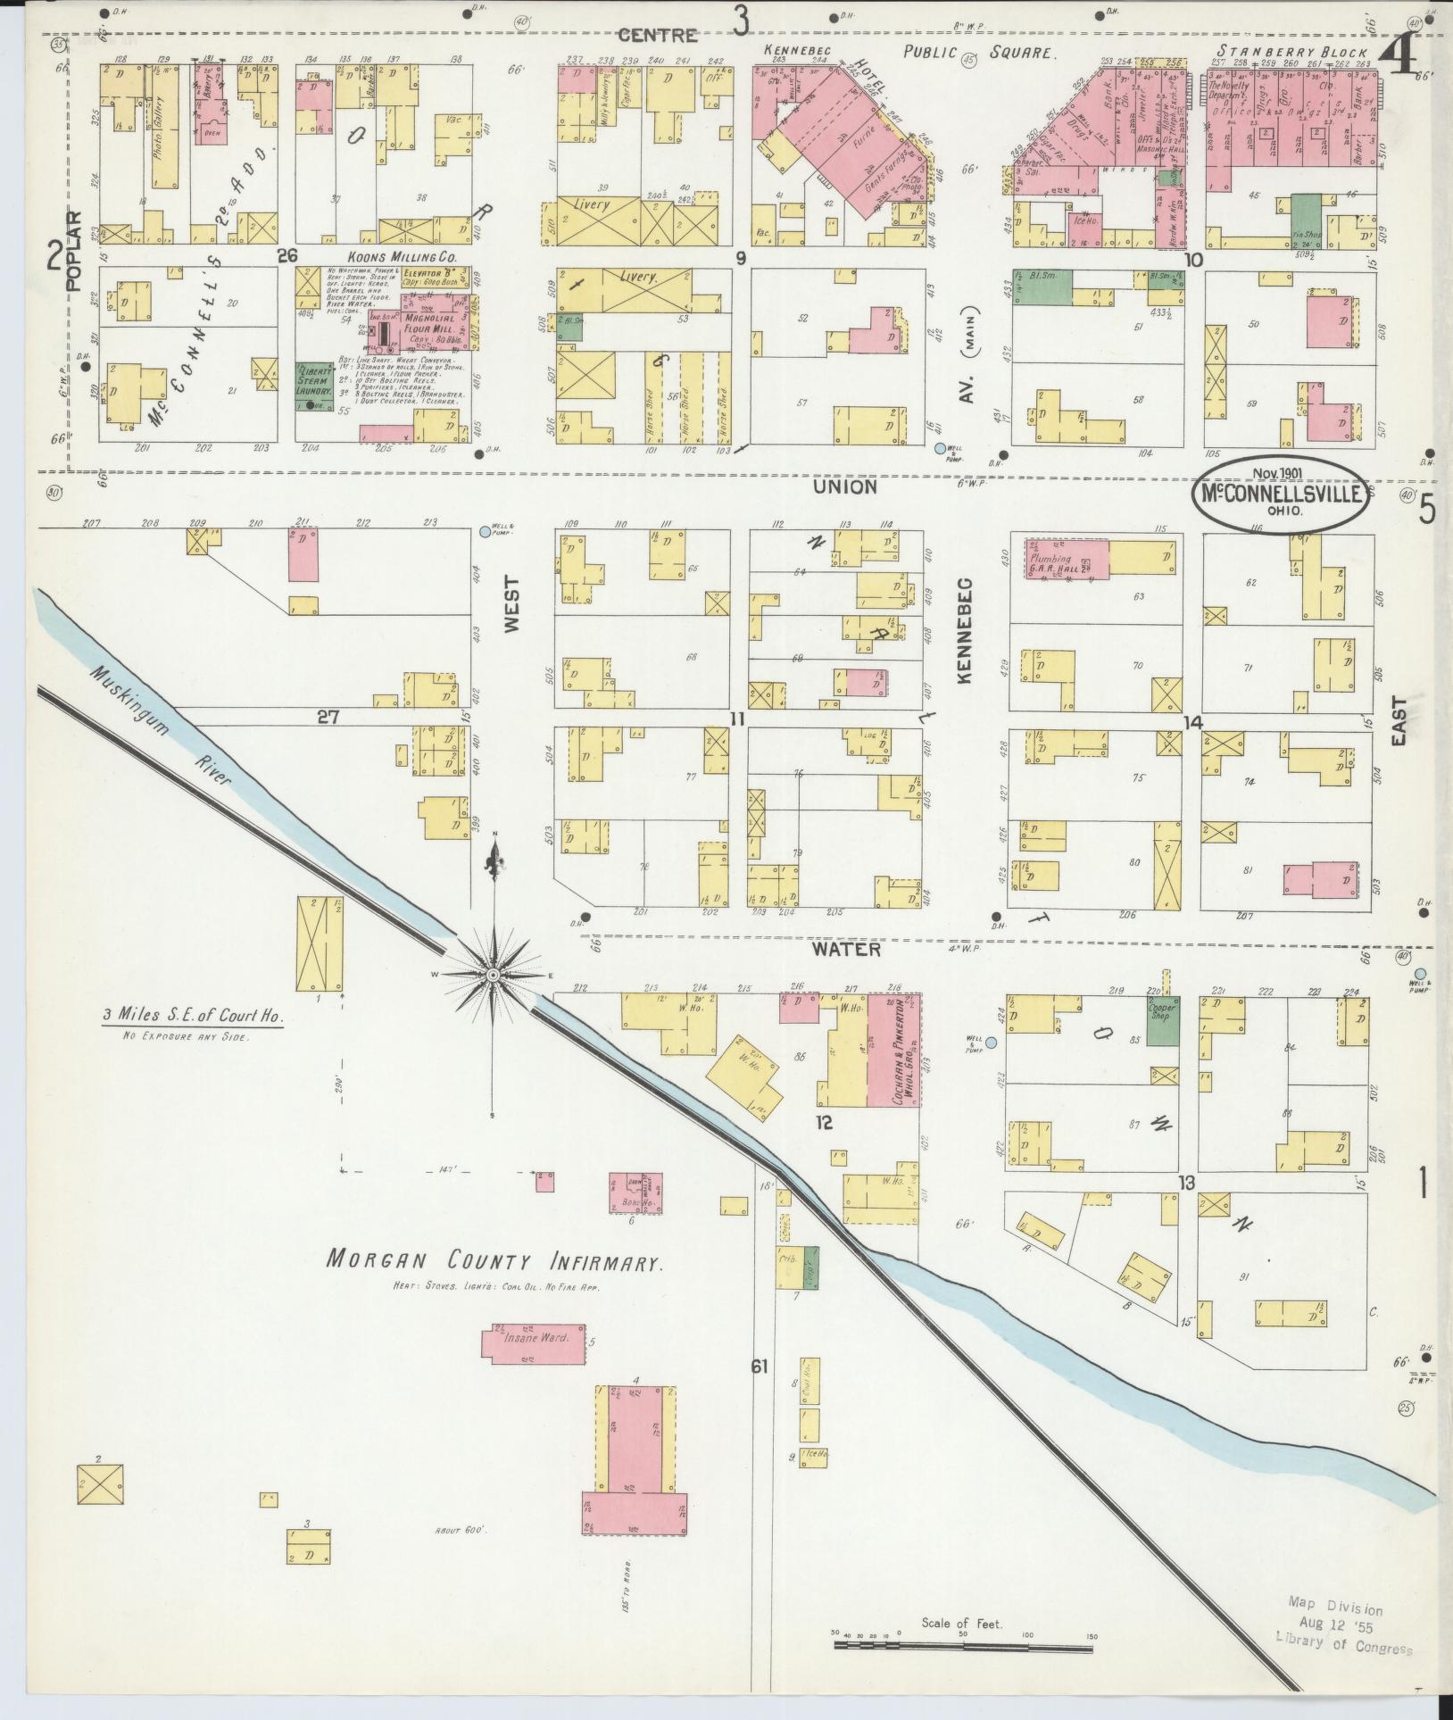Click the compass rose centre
tap(492, 977)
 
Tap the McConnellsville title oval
tap(1282, 494)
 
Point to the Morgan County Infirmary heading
tap(493, 1262)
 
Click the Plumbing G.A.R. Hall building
tap(1065, 560)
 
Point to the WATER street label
tap(846, 950)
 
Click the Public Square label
tap(976, 52)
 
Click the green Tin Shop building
tap(1305, 222)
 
